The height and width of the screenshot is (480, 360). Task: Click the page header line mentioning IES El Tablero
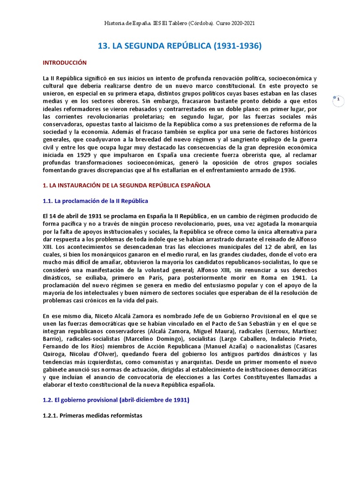pyautogui.click(x=180, y=23)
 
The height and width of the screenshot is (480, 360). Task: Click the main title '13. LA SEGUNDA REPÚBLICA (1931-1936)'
pyautogui.click(x=180, y=46)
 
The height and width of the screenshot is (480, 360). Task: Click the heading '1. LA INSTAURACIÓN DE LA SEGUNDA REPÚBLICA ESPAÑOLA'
pyautogui.click(x=126, y=186)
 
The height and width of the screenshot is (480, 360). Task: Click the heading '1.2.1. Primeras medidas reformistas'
pyautogui.click(x=92, y=415)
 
